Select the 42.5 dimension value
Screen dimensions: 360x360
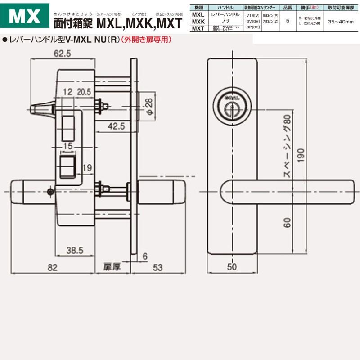[x=116, y=127]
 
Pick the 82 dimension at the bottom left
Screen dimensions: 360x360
[x=53, y=267]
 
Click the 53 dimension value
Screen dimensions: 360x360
[x=157, y=267]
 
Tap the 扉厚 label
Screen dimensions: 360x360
[x=111, y=267]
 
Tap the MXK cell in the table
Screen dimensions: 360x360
[x=197, y=21]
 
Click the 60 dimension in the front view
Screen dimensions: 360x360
[x=288, y=221]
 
